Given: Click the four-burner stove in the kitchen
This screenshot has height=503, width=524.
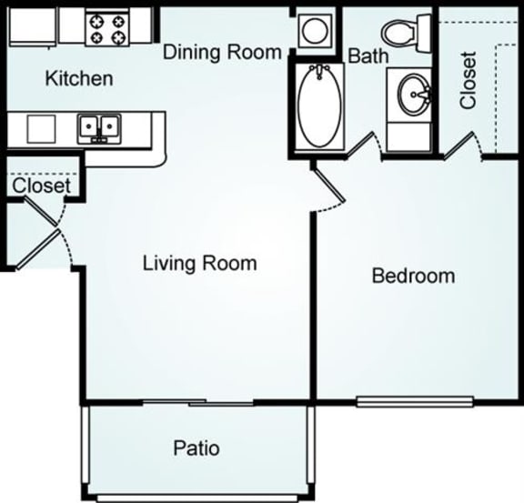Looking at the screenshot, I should (x=109, y=28).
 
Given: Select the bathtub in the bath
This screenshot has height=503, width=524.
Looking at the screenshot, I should (x=317, y=106).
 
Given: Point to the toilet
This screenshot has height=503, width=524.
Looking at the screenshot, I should (x=399, y=33).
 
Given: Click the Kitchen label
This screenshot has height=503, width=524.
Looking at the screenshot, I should (x=79, y=79).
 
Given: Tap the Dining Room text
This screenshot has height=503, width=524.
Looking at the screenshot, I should (x=222, y=52).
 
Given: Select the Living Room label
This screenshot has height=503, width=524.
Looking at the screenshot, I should (x=200, y=264).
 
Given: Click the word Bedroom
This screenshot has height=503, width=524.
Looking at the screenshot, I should (x=413, y=276).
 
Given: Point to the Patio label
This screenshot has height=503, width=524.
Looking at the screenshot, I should (x=196, y=448).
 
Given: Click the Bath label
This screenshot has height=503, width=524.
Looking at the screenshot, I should (x=368, y=56).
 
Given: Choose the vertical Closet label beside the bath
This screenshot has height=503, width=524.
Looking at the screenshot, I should (x=468, y=82).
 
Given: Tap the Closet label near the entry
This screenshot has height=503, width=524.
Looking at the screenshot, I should (x=41, y=186).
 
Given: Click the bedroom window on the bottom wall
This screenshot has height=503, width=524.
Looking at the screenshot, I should (x=414, y=400).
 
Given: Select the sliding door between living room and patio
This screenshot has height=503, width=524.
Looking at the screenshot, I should (x=198, y=402).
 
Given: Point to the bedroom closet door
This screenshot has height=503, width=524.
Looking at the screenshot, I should (x=459, y=144).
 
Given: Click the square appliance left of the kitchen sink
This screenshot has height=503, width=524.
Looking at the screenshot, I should (x=41, y=128).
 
